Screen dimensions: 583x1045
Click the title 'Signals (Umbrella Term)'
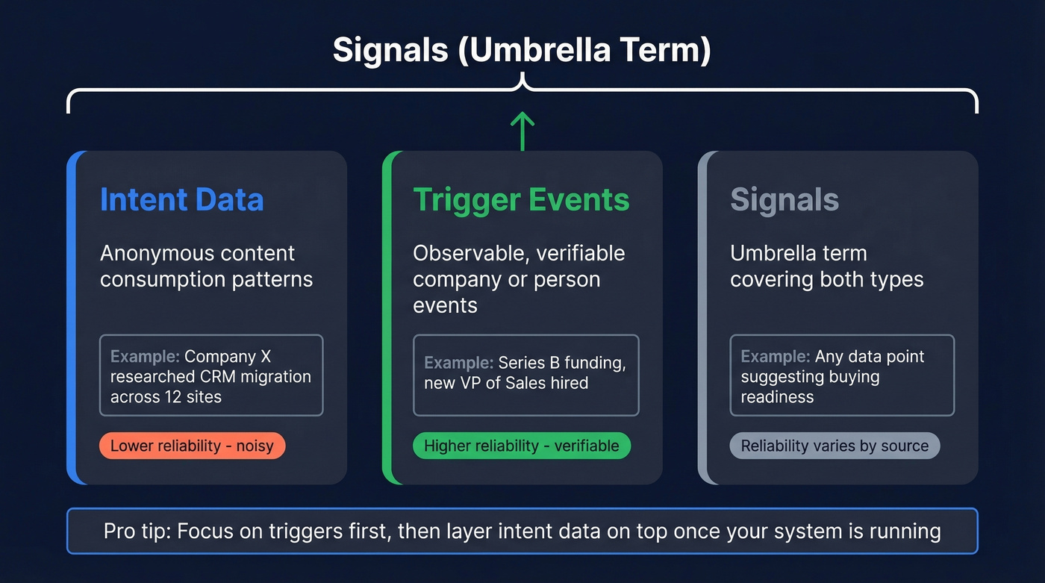click(522, 50)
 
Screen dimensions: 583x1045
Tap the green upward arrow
click(522, 131)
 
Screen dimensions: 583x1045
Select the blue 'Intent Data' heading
click(181, 200)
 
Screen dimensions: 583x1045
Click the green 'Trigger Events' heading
click(521, 200)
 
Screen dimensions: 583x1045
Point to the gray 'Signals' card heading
click(784, 200)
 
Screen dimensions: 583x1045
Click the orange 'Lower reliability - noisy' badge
click(192, 446)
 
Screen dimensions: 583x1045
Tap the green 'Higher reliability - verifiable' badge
click(521, 446)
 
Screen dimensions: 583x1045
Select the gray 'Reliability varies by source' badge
click(835, 446)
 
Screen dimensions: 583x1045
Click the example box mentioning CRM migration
click(211, 375)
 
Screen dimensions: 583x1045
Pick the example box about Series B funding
click(525, 375)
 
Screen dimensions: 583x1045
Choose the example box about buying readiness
click(842, 375)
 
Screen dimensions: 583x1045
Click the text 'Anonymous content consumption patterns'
click(206, 266)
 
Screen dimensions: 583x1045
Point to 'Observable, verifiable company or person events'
click(519, 279)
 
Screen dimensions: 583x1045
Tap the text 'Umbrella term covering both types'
click(826, 266)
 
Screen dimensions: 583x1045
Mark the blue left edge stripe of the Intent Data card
click(72, 317)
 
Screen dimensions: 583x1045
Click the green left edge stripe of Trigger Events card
click(387, 317)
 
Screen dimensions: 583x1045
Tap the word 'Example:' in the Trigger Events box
click(458, 364)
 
